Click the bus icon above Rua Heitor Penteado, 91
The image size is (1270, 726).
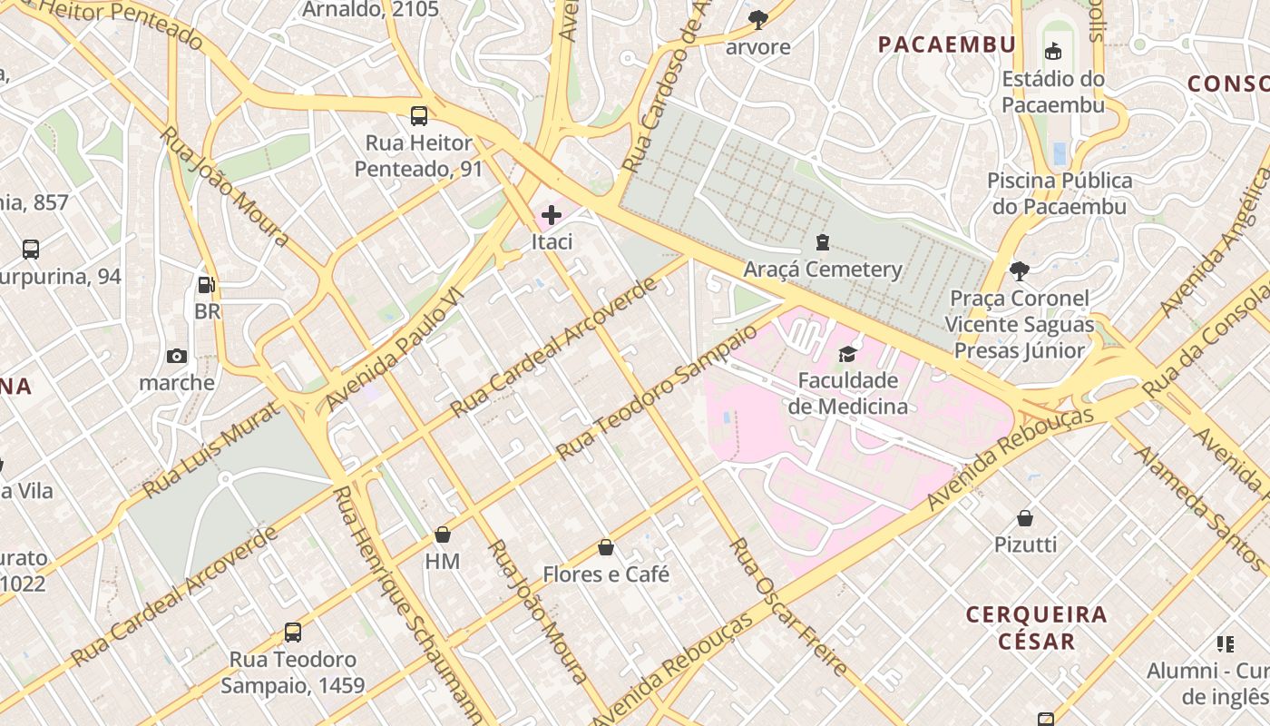[x=418, y=116]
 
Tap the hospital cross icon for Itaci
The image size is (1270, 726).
[x=551, y=215]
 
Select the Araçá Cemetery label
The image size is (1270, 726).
[x=823, y=270]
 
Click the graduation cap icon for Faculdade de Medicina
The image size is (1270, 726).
[x=847, y=354]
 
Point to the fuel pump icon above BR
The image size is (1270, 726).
[x=207, y=285]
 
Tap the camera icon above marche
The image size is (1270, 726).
[x=177, y=356]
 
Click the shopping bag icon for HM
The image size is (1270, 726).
[x=443, y=535]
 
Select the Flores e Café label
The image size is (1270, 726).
[x=606, y=574]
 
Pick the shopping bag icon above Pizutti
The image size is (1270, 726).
[x=1025, y=518]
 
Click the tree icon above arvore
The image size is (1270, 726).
[x=757, y=19]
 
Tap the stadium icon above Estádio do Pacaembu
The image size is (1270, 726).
[x=1053, y=52]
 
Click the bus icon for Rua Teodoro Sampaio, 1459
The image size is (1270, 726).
[x=292, y=633]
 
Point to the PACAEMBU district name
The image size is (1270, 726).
[x=946, y=44]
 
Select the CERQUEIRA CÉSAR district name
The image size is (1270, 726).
[x=1036, y=628]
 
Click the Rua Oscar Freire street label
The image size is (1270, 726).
[x=789, y=607]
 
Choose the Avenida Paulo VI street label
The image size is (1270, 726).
[x=395, y=350]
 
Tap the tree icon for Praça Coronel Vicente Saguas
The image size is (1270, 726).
[x=1020, y=270]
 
